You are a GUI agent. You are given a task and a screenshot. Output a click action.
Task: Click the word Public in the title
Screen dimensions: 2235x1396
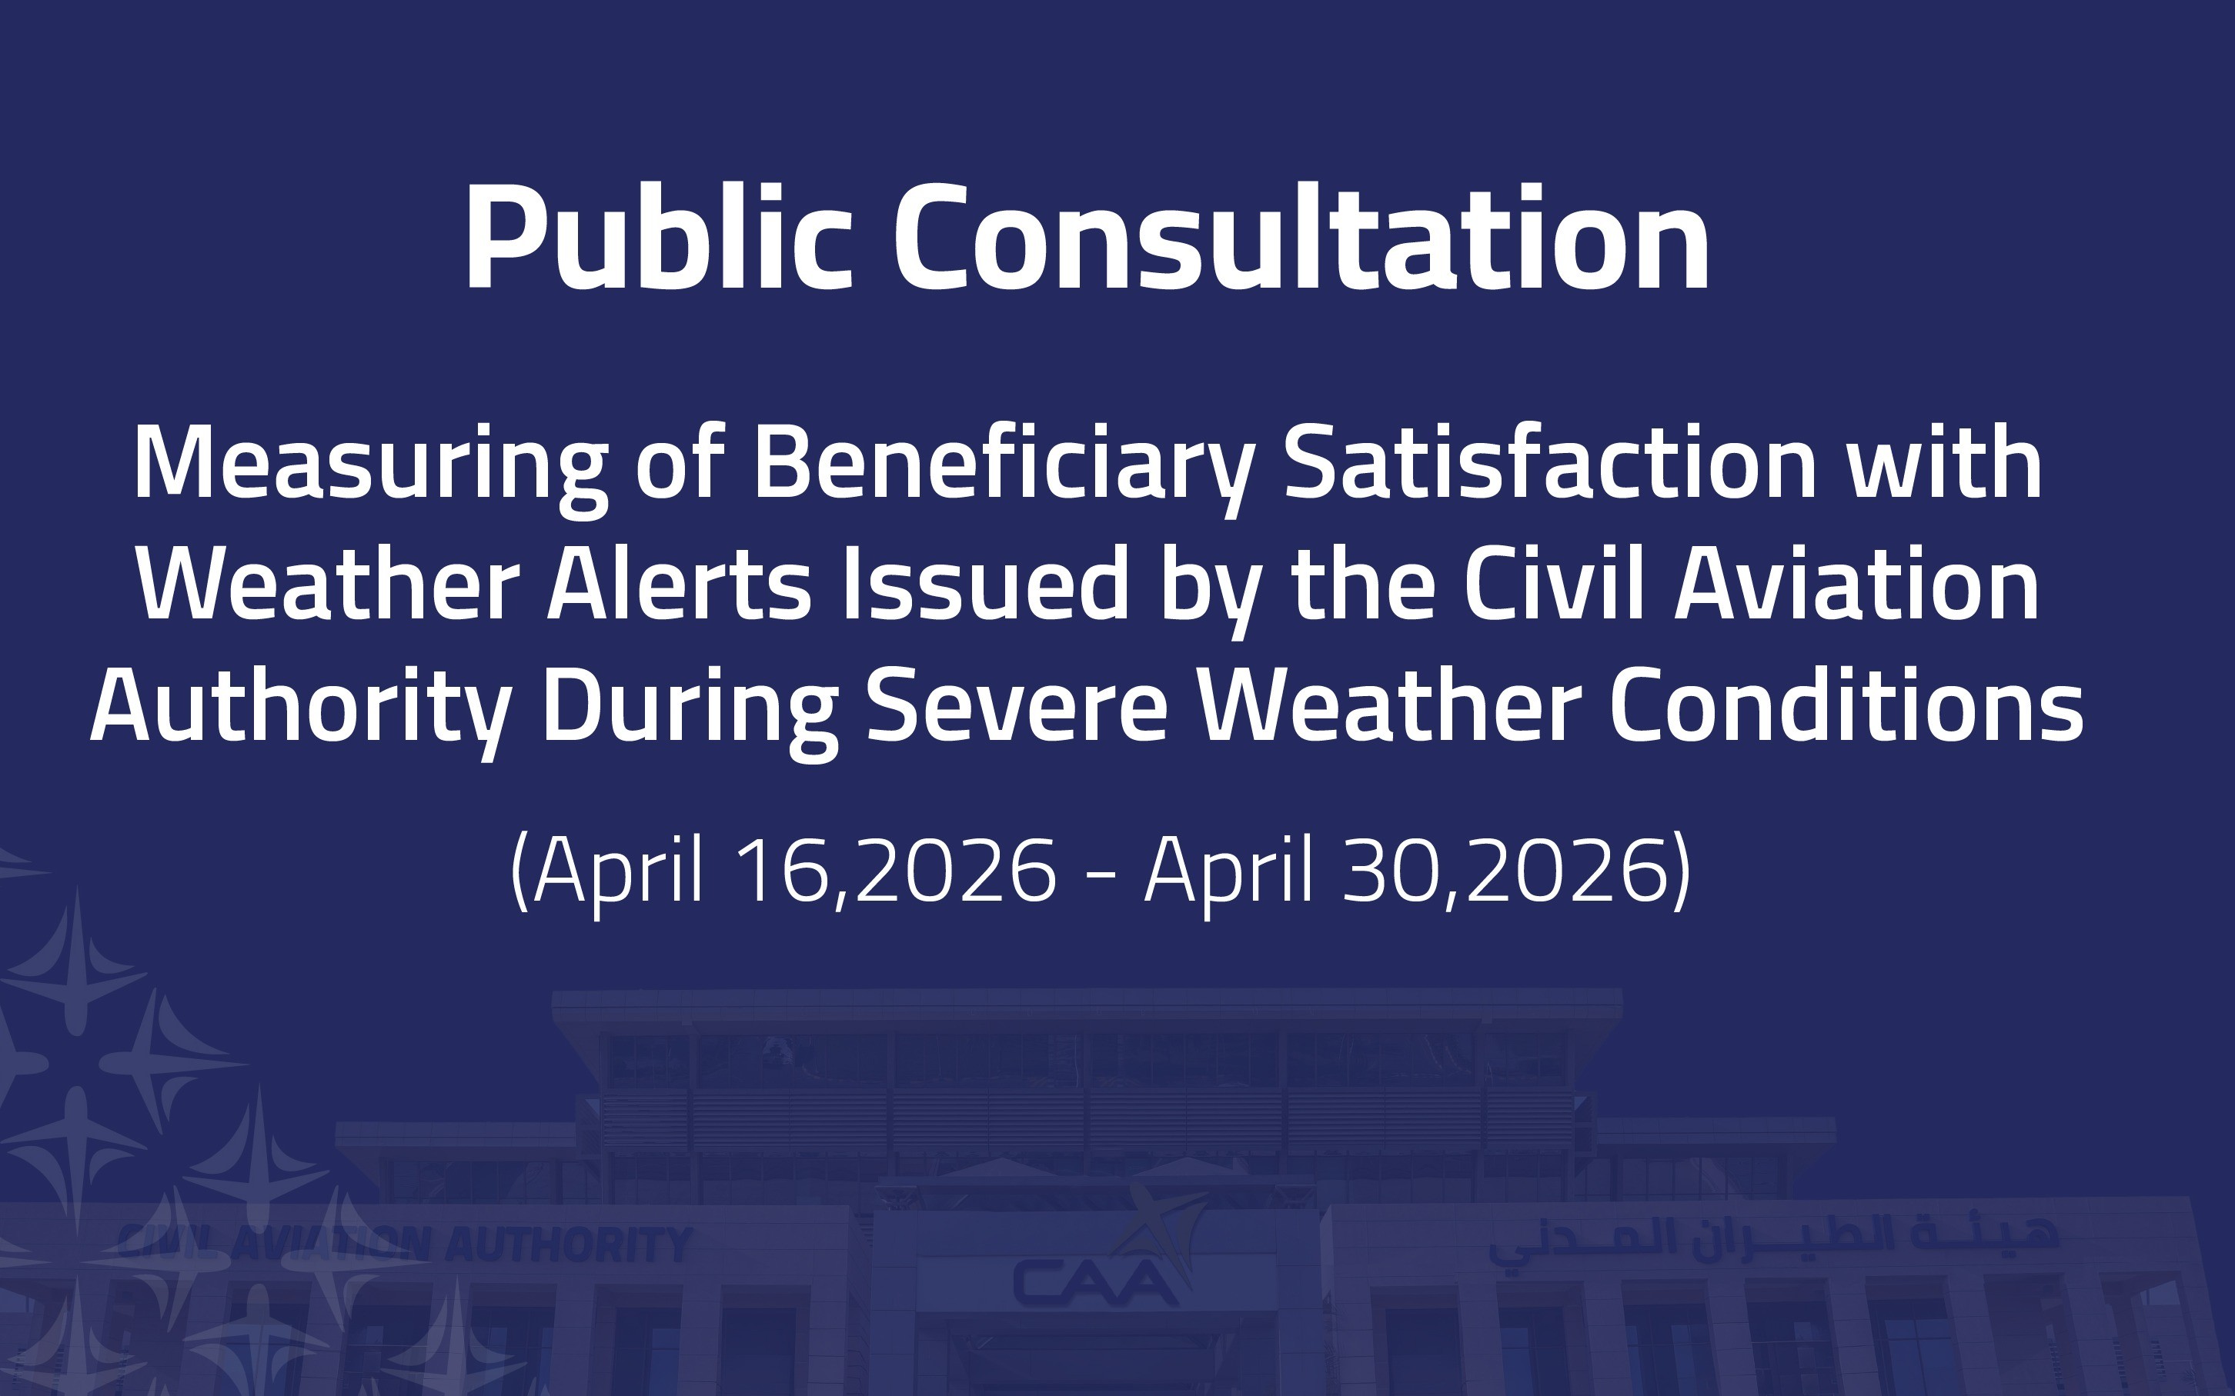click(656, 238)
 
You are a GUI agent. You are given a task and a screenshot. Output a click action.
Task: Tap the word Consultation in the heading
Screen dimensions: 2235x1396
click(1301, 238)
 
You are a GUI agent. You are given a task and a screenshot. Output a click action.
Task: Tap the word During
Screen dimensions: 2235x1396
click(690, 708)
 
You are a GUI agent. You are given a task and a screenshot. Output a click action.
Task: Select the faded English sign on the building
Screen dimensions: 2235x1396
click(403, 1244)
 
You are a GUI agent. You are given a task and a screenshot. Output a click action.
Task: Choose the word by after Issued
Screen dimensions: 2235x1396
click(1210, 593)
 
